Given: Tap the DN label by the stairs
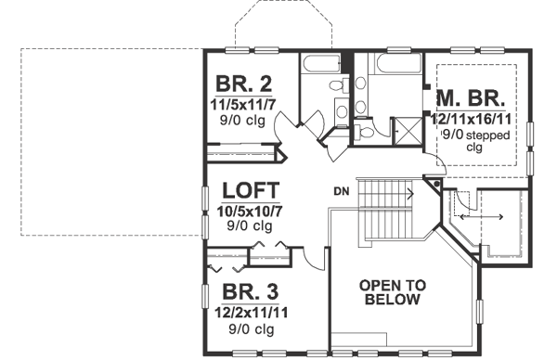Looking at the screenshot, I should pyautogui.click(x=341, y=192).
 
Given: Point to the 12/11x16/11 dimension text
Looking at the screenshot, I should pyautogui.click(x=472, y=118).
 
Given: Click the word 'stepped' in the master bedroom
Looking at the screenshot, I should pyautogui.click(x=485, y=133).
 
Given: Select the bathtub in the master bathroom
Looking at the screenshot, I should pyautogui.click(x=399, y=69).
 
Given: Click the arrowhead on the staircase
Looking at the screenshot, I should pyautogui.click(x=409, y=195).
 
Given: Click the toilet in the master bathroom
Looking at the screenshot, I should pyautogui.click(x=365, y=133).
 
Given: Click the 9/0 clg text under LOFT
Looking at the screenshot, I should pyautogui.click(x=250, y=225).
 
